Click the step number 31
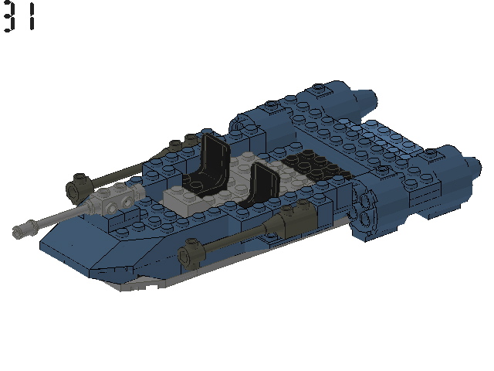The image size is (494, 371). (x=19, y=17)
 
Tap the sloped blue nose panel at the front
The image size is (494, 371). (x=93, y=247)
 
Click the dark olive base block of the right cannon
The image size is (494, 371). (x=294, y=225)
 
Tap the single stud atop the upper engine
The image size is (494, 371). (x=319, y=90)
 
